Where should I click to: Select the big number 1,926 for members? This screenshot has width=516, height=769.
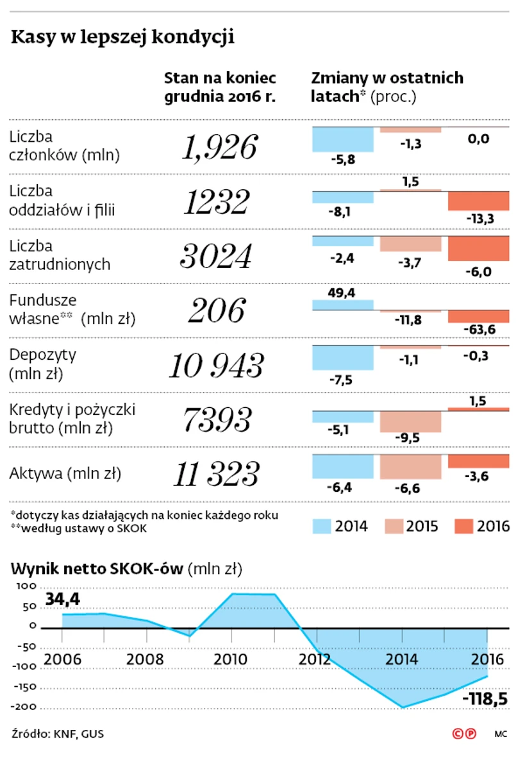pyautogui.click(x=220, y=148)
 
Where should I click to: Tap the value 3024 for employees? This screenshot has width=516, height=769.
pyautogui.click(x=216, y=257)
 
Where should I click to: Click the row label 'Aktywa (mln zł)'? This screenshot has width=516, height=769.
pyautogui.click(x=65, y=474)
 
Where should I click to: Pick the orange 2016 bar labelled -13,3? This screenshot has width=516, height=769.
pyautogui.click(x=478, y=201)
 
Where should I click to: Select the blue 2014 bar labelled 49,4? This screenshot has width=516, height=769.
pyautogui.click(x=342, y=305)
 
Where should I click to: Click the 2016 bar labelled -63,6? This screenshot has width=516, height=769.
pyautogui.click(x=478, y=317)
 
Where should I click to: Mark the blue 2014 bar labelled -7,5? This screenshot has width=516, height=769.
pyautogui.click(x=342, y=357)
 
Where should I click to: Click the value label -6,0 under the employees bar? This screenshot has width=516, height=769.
pyautogui.click(x=478, y=272)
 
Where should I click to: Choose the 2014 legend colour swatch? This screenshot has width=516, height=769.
pyautogui.click(x=322, y=527)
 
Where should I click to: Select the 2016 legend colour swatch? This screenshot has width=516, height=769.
pyautogui.click(x=463, y=527)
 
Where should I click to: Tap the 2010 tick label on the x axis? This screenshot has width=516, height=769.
pyautogui.click(x=231, y=660)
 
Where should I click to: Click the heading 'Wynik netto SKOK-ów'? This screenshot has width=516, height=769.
pyautogui.click(x=97, y=568)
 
